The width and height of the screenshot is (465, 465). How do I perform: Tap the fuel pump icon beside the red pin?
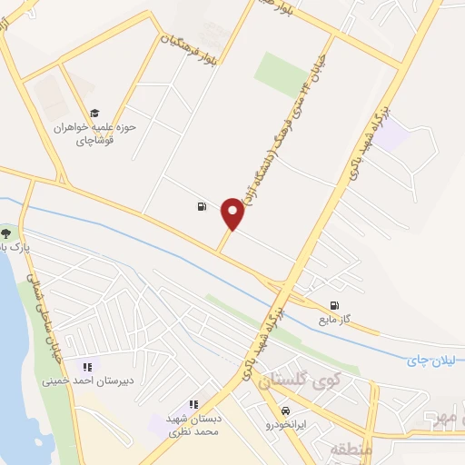pos(201,206)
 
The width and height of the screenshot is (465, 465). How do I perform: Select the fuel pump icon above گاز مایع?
pos(335,305)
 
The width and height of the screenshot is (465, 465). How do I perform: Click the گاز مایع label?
pos(333,321)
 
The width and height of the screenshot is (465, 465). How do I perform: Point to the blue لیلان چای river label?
pos(427,361)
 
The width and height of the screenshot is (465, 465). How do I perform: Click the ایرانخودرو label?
pos(287,424)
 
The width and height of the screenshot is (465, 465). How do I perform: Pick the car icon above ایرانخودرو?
pos(287,411)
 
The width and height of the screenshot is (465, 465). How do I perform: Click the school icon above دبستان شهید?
pos(193,404)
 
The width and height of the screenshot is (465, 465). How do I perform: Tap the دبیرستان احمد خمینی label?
pos(86,381)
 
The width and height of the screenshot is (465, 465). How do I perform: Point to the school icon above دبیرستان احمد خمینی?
pos(86,367)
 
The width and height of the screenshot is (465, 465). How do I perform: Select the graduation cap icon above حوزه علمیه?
pos(94,113)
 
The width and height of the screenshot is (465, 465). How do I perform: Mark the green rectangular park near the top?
pos(281,75)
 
